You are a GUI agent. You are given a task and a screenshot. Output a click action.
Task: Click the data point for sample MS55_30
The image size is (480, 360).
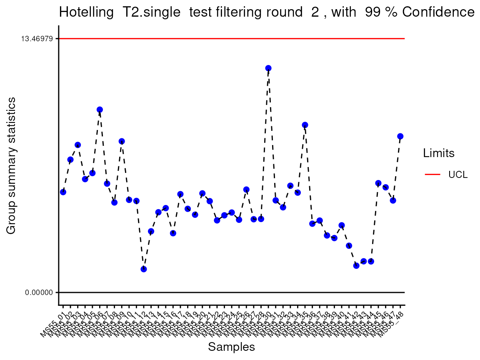click(268, 68)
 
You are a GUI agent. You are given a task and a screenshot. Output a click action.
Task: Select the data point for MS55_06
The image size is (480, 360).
click(100, 110)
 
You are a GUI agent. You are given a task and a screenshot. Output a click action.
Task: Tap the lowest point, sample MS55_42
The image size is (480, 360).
click(356, 265)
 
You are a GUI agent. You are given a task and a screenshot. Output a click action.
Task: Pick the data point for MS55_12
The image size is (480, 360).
click(144, 269)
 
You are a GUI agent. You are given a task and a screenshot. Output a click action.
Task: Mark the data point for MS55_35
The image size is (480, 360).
click(305, 125)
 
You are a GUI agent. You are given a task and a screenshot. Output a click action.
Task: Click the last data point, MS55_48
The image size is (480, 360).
click(400, 136)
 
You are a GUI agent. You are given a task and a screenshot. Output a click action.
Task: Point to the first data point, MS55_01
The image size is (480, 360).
click(63, 192)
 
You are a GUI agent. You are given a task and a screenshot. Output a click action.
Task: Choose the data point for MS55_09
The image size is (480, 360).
click(122, 141)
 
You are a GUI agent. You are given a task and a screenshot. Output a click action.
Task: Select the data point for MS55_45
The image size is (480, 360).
click(378, 183)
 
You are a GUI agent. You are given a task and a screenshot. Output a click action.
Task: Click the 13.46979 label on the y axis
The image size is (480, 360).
click(37, 39)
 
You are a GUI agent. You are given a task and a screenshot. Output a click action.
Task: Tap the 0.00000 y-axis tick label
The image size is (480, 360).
click(39, 292)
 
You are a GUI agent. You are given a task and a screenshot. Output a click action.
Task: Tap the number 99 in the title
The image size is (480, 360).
click(372, 12)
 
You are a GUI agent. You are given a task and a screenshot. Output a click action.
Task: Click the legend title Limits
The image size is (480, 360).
click(439, 153)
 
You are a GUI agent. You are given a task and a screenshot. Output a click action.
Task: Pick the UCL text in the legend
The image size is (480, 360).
click(458, 175)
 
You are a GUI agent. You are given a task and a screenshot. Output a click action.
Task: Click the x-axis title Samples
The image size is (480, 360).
click(231, 347)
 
